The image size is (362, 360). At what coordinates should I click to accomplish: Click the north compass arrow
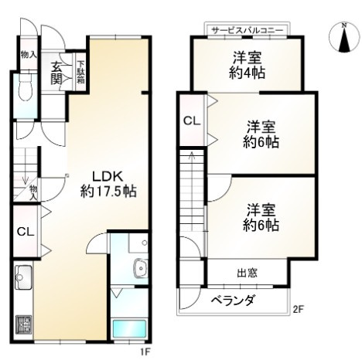coord(344,39)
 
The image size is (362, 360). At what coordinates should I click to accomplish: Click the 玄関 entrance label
coord(58,74)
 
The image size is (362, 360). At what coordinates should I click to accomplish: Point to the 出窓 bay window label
coord(247,273)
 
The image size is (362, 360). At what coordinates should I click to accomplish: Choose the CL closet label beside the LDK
coord(25,231)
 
